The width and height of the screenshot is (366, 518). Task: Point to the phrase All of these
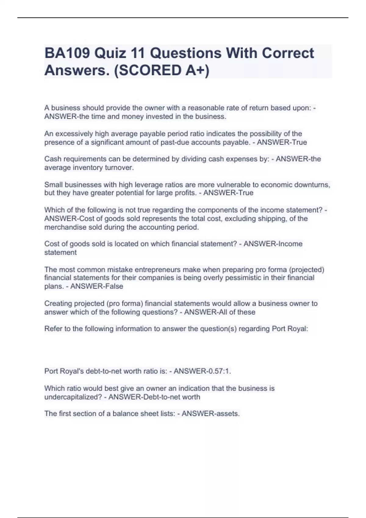tap(235, 312)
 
